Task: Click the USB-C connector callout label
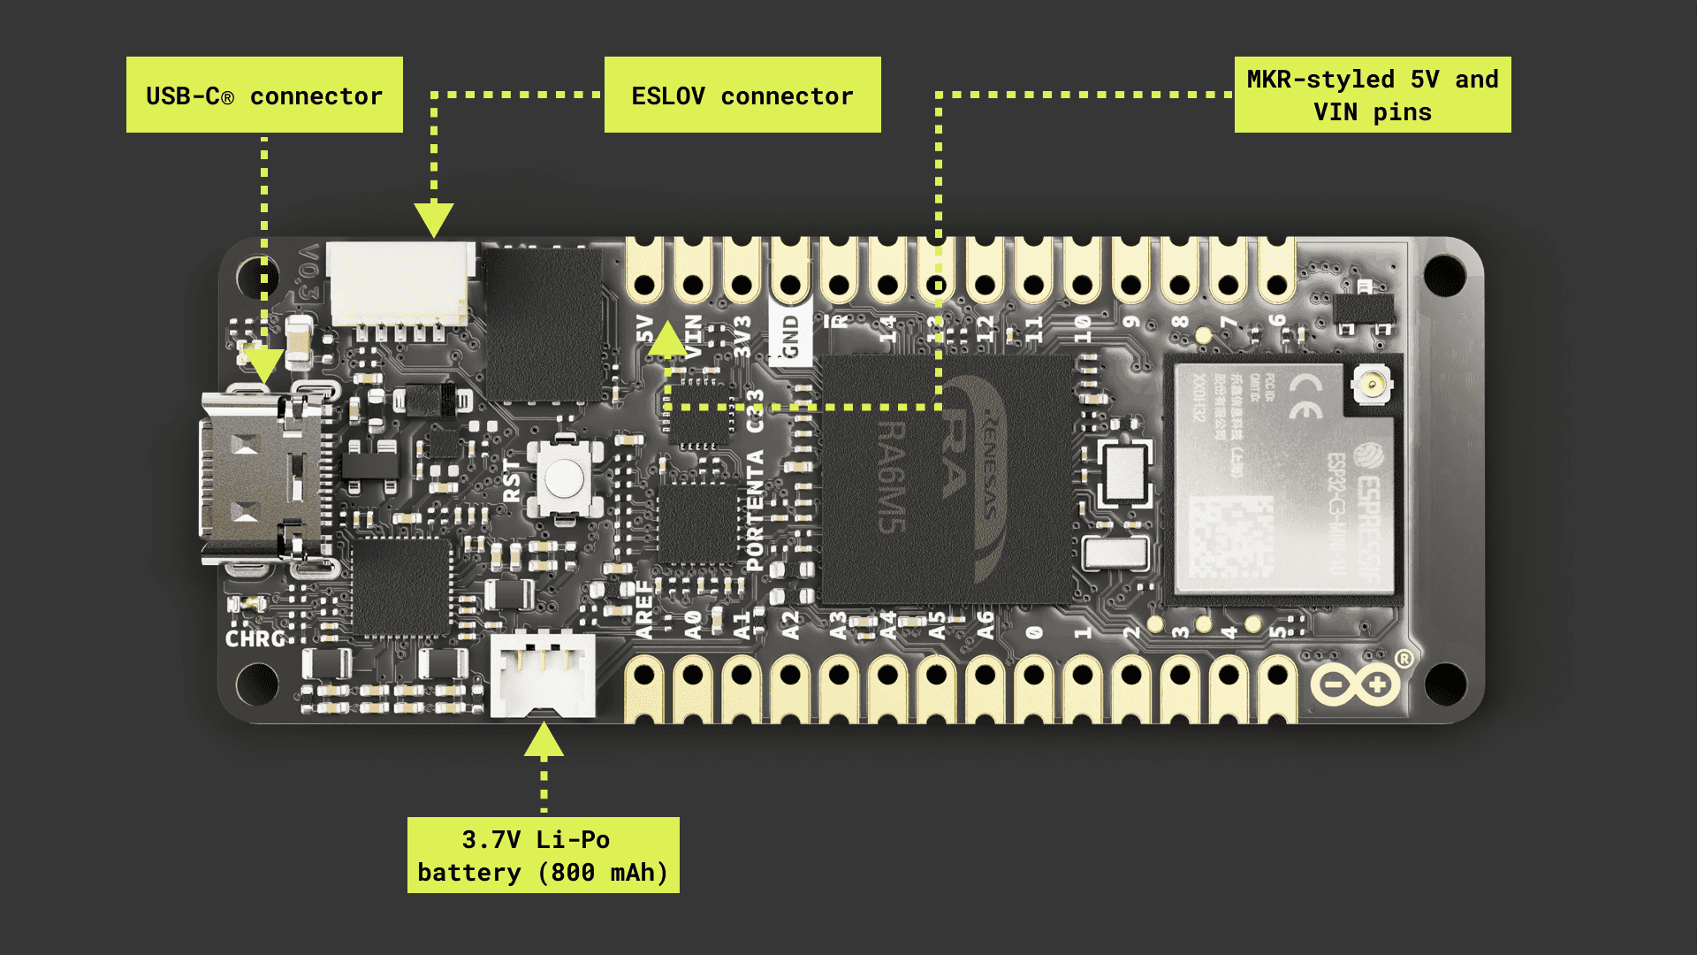click(264, 95)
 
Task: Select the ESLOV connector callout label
click(742, 95)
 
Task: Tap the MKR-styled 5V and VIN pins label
click(1372, 95)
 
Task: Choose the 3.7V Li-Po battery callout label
click(543, 855)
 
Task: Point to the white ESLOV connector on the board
click(400, 283)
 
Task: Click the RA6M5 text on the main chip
click(891, 477)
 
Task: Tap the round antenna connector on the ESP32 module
click(1372, 384)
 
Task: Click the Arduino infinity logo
click(1356, 685)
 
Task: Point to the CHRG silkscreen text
click(255, 638)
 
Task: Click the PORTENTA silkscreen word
click(755, 510)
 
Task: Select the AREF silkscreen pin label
click(644, 610)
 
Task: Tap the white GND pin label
click(791, 337)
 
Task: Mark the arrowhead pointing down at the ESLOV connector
click(434, 218)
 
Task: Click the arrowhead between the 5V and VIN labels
click(668, 338)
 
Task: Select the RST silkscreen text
click(512, 481)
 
